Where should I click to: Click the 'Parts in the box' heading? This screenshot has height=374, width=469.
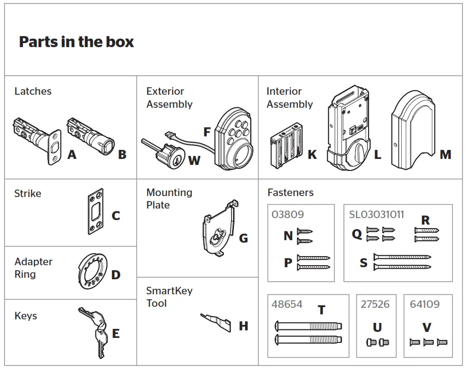pyautogui.click(x=76, y=42)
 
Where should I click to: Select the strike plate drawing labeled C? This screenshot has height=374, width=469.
pyautogui.click(x=95, y=212)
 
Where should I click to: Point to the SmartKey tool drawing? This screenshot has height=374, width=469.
pyautogui.click(x=215, y=321)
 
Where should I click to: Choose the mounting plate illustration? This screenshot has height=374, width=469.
pyautogui.click(x=219, y=228)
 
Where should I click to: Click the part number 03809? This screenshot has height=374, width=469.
pyautogui.click(x=288, y=214)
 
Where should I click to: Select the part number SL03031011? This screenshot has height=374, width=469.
pyautogui.click(x=376, y=214)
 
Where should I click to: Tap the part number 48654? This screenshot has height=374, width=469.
pyautogui.click(x=288, y=304)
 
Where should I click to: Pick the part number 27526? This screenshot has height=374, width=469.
pyautogui.click(x=375, y=304)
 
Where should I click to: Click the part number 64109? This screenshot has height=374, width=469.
pyautogui.click(x=424, y=304)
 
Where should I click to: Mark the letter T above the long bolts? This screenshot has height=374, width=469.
pyautogui.click(x=321, y=310)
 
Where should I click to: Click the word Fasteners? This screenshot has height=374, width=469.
pyautogui.click(x=290, y=193)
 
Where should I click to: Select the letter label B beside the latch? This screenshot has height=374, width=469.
pyautogui.click(x=122, y=154)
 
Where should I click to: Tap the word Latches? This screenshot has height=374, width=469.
pyautogui.click(x=33, y=91)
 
